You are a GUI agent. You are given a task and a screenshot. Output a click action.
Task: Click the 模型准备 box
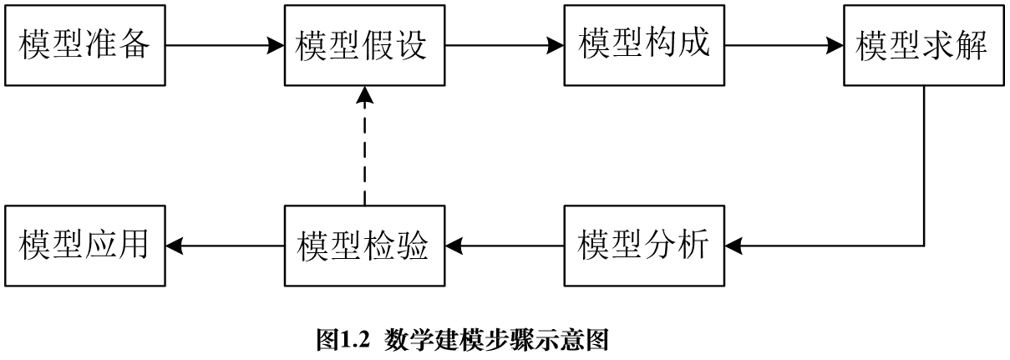point(84,45)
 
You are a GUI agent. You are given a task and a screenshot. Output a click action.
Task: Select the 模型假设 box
point(364,45)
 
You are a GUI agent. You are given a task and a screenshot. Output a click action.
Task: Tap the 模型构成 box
point(644,45)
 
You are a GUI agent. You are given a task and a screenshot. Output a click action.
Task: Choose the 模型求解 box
point(923,45)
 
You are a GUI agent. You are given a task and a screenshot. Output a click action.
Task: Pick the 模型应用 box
point(84,245)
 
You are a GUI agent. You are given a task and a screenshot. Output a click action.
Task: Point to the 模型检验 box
point(364,245)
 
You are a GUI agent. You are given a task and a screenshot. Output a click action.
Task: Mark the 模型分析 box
point(644,245)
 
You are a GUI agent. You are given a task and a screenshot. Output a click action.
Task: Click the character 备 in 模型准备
point(134,44)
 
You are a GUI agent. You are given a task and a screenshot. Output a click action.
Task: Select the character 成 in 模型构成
point(693,43)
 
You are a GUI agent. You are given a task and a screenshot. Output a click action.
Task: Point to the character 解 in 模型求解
point(972,46)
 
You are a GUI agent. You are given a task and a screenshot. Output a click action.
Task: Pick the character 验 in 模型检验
point(412,246)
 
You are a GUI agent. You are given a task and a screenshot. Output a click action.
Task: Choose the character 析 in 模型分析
point(693,244)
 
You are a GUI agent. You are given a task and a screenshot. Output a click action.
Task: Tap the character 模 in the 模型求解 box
point(872,46)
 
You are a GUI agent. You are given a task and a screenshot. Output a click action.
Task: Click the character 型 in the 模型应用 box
point(68,244)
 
